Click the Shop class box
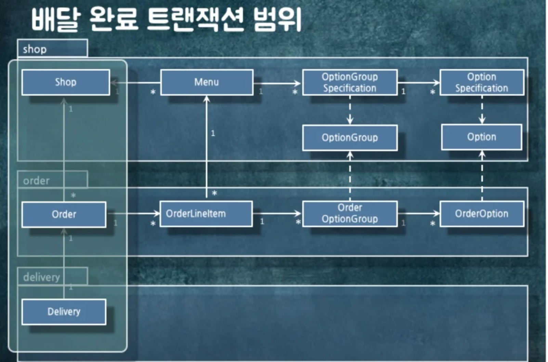[x=66, y=82]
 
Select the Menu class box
[x=207, y=82]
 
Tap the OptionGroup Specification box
[x=350, y=82]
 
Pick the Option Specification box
[x=482, y=82]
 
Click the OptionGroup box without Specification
[x=350, y=138]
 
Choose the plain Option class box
[x=482, y=137]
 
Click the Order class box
[x=64, y=215]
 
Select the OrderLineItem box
[x=206, y=214]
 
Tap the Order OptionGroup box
[x=350, y=214]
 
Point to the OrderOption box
[x=482, y=214]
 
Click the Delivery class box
[x=64, y=312]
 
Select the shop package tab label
[x=35, y=49]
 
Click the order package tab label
[x=36, y=181]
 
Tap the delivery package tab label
[x=41, y=277]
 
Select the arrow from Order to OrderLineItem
[x=133, y=214]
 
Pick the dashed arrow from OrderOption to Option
[x=482, y=175]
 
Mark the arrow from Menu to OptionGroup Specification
[x=277, y=83]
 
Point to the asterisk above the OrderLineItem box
[x=214, y=193]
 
